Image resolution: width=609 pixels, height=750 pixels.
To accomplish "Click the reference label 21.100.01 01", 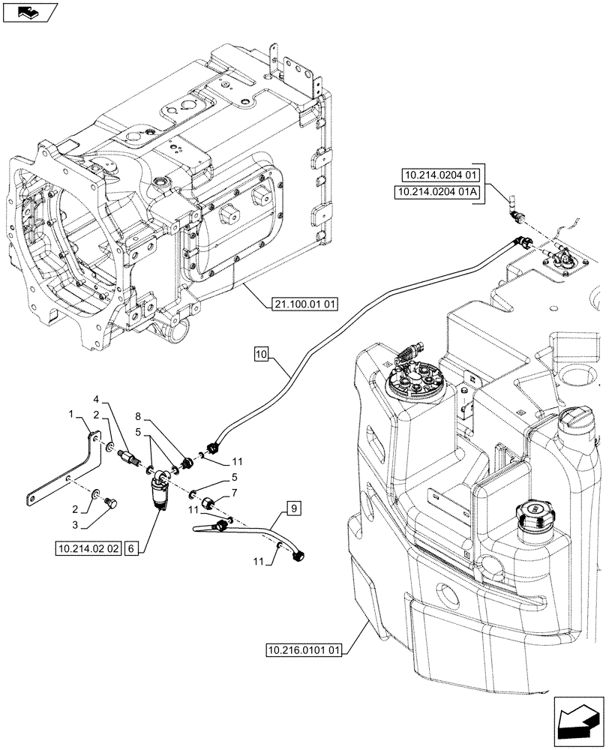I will coord(302,304).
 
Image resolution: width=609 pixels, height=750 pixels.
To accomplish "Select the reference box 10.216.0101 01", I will coord(304,649).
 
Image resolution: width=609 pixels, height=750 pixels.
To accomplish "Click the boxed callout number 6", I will coord(131,549).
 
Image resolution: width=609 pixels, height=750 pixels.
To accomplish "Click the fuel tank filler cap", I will coord(533,513).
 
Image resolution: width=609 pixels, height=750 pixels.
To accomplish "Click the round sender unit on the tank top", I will coord(412,383).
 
